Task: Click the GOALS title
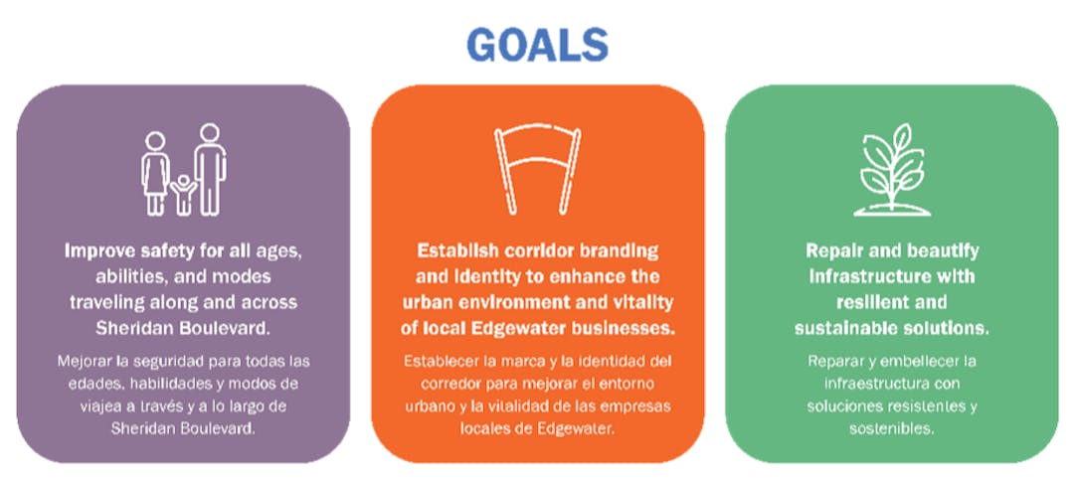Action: (x=537, y=44)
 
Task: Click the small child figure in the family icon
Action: (x=182, y=195)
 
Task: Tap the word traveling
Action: (x=112, y=301)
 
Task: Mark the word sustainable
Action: (x=844, y=326)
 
